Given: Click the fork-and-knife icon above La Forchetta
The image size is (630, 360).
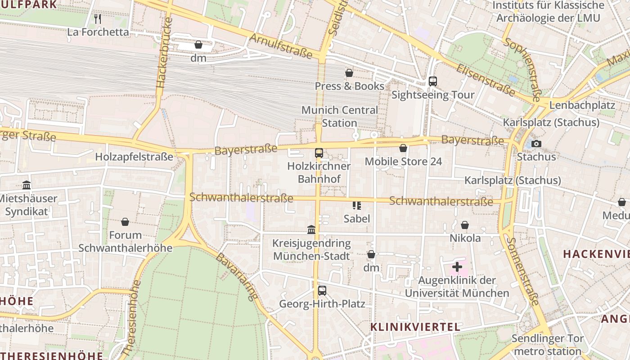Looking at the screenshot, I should point(98,19).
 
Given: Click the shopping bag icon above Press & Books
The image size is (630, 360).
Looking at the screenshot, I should point(349,73).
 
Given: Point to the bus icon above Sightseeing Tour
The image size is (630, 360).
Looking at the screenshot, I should point(432,81).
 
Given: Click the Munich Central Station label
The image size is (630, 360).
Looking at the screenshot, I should point(340,117).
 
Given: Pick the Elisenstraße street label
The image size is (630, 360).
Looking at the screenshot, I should point(485,80).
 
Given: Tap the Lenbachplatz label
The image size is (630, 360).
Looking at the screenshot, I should point(582,105).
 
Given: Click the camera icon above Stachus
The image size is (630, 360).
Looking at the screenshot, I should point(536,144).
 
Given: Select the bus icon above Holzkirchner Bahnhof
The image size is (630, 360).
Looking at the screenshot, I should point(319,153).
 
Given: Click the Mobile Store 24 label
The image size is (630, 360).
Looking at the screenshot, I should point(403,161).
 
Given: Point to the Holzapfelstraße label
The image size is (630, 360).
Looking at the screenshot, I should point(134,157).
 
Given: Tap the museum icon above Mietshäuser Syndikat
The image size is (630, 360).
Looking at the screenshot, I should point(27,185).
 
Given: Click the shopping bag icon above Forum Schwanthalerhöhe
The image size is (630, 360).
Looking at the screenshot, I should point(125,222).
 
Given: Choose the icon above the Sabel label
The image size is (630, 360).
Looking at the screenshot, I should point(357,206).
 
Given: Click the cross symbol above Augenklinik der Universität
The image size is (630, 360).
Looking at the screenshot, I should point(457,267).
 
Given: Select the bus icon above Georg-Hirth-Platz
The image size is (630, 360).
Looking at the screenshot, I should point(322,291).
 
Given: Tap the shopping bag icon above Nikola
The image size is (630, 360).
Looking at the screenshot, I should point(465,225).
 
